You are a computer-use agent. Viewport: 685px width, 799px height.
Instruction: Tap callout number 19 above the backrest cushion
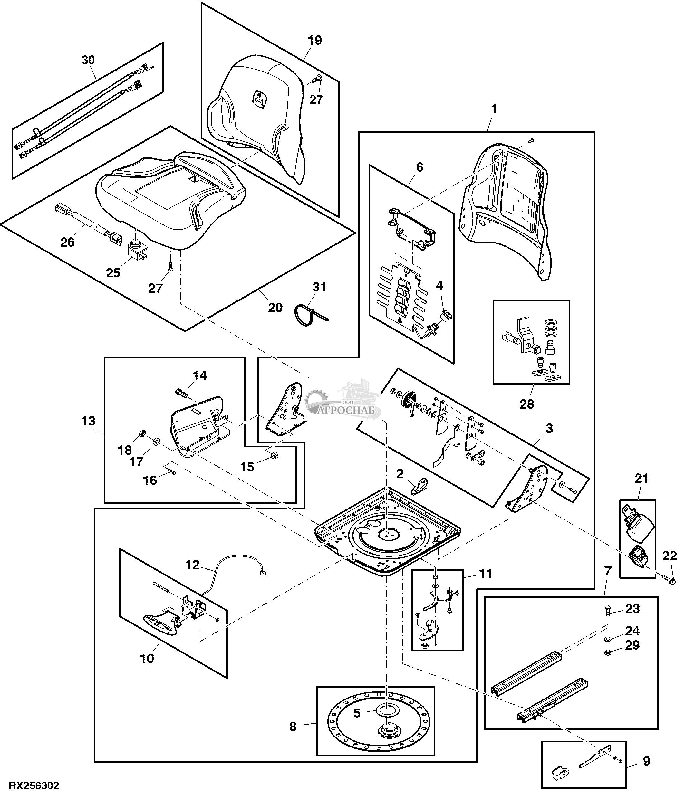tap(315, 41)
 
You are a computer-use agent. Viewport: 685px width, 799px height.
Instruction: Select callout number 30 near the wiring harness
tap(88, 60)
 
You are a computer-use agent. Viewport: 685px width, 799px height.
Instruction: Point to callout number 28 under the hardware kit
tap(527, 404)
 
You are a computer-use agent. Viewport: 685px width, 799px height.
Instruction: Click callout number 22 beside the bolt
tap(670, 556)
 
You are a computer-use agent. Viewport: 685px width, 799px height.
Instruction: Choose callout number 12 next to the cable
tap(192, 565)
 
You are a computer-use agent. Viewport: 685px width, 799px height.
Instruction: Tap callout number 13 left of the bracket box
tap(88, 421)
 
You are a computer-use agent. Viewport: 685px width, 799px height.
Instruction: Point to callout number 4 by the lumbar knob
tap(439, 286)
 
